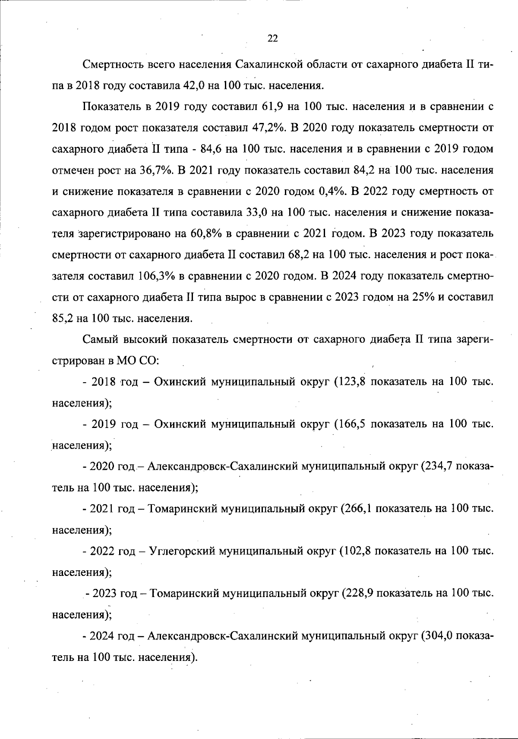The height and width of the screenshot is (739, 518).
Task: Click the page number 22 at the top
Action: pyautogui.click(x=272, y=39)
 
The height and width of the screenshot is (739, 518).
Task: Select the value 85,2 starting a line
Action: pyautogui.click(x=63, y=319)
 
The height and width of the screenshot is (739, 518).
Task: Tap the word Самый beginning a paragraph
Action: pyautogui.click(x=100, y=340)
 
